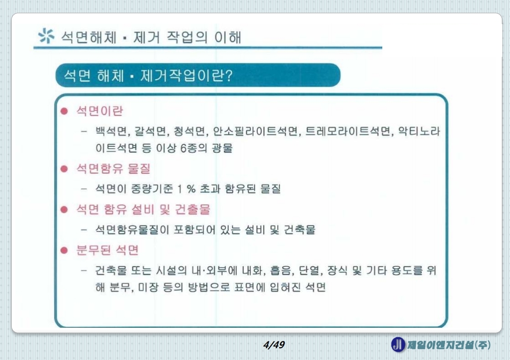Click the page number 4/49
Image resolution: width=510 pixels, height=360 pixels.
[274, 345]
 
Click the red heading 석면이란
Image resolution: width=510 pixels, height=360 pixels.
[100, 111]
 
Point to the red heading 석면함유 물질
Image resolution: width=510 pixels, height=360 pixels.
[113, 169]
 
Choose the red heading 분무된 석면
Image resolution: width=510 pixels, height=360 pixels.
[107, 250]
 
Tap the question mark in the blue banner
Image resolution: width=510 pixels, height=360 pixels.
[229, 75]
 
